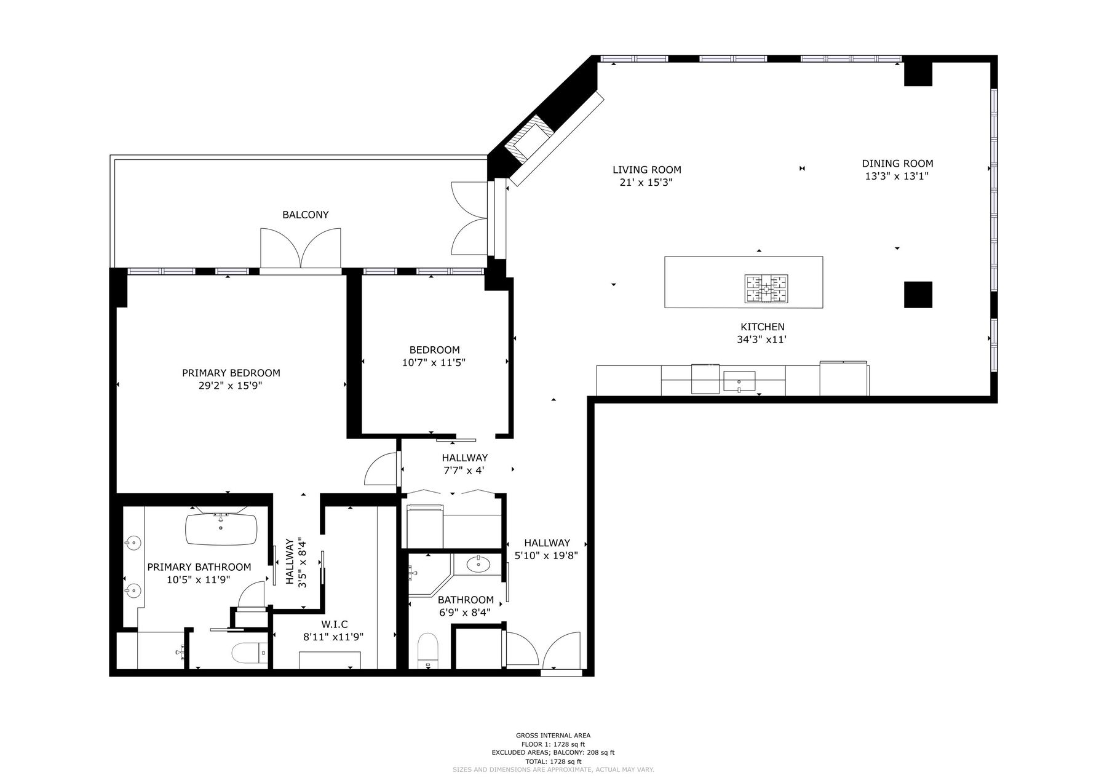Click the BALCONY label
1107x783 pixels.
point(305,215)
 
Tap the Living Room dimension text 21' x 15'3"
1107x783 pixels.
point(646,183)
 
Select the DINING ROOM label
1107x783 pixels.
point(897,164)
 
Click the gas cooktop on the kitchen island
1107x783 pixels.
point(767,288)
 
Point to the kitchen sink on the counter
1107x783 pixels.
point(739,381)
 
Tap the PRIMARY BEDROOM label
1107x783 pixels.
point(231,373)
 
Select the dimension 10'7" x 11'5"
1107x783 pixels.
point(434,363)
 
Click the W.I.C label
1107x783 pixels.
point(334,624)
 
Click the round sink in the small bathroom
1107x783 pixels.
point(478,563)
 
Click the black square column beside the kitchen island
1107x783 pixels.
point(918,295)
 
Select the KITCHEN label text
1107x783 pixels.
point(763,327)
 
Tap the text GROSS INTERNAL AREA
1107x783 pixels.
point(553,735)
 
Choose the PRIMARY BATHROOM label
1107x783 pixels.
point(199,567)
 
